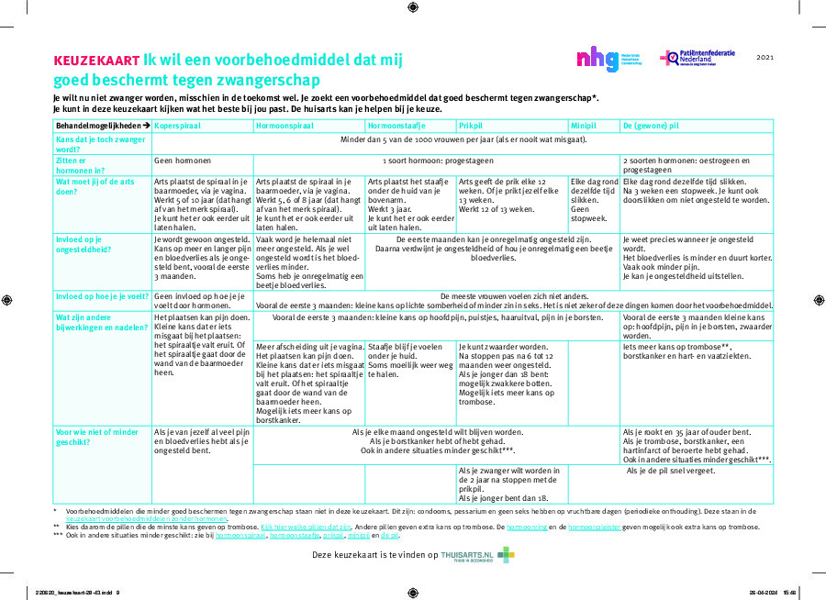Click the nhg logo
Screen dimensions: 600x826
(597, 60)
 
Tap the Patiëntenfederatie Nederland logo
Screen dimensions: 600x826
(697, 59)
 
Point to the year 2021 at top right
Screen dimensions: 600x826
(765, 58)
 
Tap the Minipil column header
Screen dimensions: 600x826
(584, 125)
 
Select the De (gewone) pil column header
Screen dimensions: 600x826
(652, 125)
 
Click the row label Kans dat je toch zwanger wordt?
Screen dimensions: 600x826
(101, 143)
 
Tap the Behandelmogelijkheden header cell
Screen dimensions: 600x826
(102, 125)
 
